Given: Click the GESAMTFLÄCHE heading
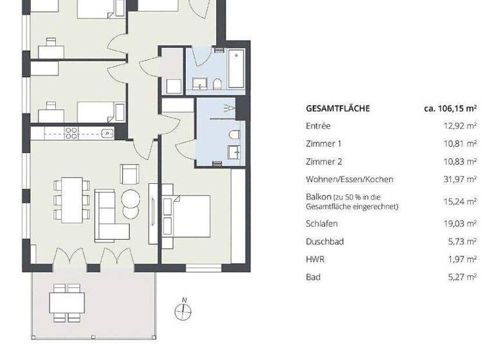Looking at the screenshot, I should (x=338, y=109).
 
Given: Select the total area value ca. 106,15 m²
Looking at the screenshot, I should (x=450, y=109).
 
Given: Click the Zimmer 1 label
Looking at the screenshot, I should (x=324, y=143).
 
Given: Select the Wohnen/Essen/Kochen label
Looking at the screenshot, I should (x=349, y=179).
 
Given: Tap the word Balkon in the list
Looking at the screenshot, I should (x=318, y=197).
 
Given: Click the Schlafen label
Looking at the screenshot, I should (x=322, y=224).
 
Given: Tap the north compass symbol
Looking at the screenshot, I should (x=183, y=312).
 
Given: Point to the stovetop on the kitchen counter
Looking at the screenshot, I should (x=71, y=133).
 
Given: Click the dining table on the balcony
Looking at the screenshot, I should (x=67, y=301).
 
